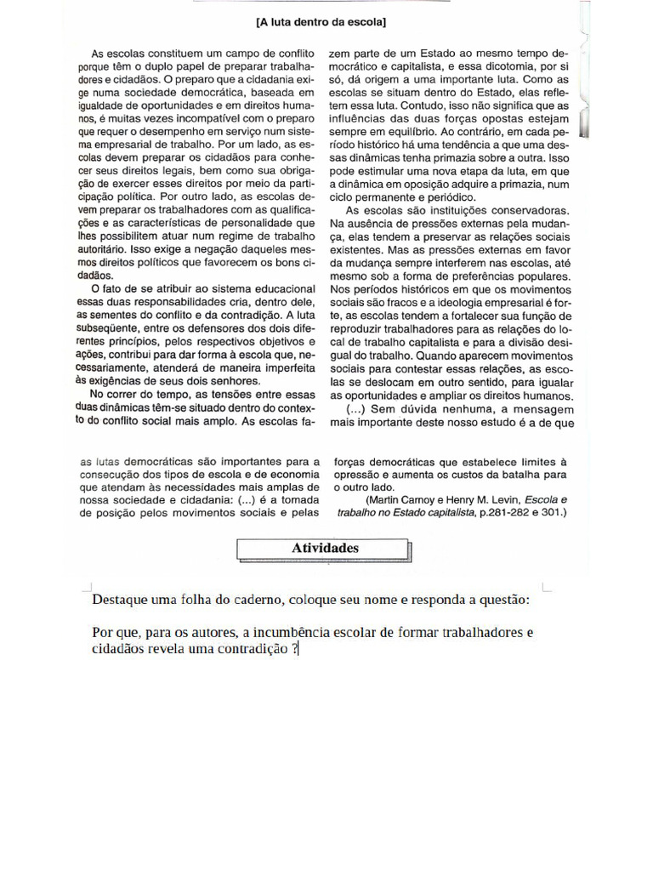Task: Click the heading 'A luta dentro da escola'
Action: (326, 19)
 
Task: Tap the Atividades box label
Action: (325, 549)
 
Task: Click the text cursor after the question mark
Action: (299, 650)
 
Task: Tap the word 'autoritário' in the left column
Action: (104, 251)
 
